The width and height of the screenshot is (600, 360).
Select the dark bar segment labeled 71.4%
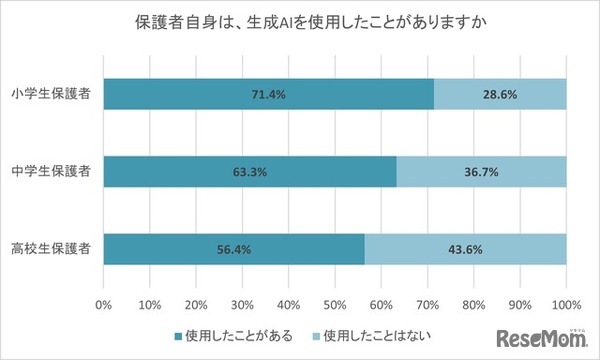click(268, 95)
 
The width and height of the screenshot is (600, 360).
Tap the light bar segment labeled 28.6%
click(500, 95)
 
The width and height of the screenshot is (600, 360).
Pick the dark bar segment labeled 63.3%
click(249, 172)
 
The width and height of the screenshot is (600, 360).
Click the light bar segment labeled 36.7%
click(481, 172)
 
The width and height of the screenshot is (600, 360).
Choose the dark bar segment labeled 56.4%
click(233, 249)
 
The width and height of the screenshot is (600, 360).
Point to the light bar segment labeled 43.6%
click(465, 249)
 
